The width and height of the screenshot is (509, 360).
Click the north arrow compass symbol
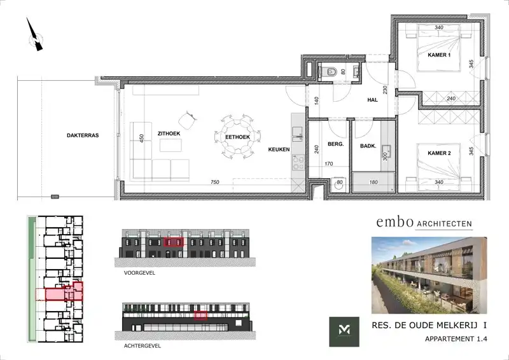[x=36, y=37]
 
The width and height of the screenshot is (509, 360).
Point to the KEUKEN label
[x=279, y=149]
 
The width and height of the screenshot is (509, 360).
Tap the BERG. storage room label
[x=335, y=144]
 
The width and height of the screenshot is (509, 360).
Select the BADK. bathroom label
[x=368, y=146]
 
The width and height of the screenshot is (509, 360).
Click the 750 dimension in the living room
[x=215, y=183]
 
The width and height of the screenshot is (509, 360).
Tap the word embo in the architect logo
[x=390, y=222]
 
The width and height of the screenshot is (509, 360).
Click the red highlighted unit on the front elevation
[x=174, y=242]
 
